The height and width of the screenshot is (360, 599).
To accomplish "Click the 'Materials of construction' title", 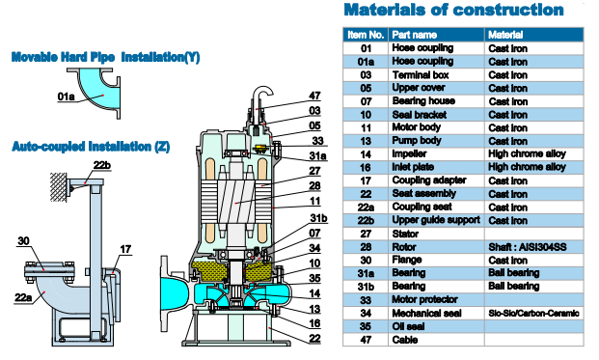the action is pos(454,10).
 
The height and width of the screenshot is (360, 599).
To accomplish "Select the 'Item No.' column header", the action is pos(366,35).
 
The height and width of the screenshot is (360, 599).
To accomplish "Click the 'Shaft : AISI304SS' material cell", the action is pos(528,247).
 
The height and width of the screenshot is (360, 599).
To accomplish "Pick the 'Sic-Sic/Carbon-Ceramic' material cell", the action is pos(533,314).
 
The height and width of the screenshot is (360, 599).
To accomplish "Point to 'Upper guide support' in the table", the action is pos(436,220).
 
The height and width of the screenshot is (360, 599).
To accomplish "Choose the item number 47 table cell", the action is pos(366,340).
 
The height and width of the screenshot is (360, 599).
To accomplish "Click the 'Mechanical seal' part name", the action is pos(426,314).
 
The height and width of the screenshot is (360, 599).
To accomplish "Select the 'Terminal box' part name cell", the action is pos(421,75).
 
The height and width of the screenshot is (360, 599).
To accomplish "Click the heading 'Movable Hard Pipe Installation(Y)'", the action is pos(105,57).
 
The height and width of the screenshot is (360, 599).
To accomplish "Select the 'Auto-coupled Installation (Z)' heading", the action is pos(91,147).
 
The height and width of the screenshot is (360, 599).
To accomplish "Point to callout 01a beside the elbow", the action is pos(66,97).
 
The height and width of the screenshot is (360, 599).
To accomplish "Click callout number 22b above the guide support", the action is pos(101,165).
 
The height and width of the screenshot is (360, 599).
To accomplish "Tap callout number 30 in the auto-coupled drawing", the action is pos(23,240).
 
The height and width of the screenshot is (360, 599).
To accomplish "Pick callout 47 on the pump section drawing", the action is pos(314,96).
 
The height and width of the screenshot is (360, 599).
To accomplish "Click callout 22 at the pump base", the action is pos(314,339).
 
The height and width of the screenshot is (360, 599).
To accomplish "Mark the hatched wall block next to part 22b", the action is pos(59,187).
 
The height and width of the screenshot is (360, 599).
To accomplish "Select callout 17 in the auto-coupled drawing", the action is pos(125,249).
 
